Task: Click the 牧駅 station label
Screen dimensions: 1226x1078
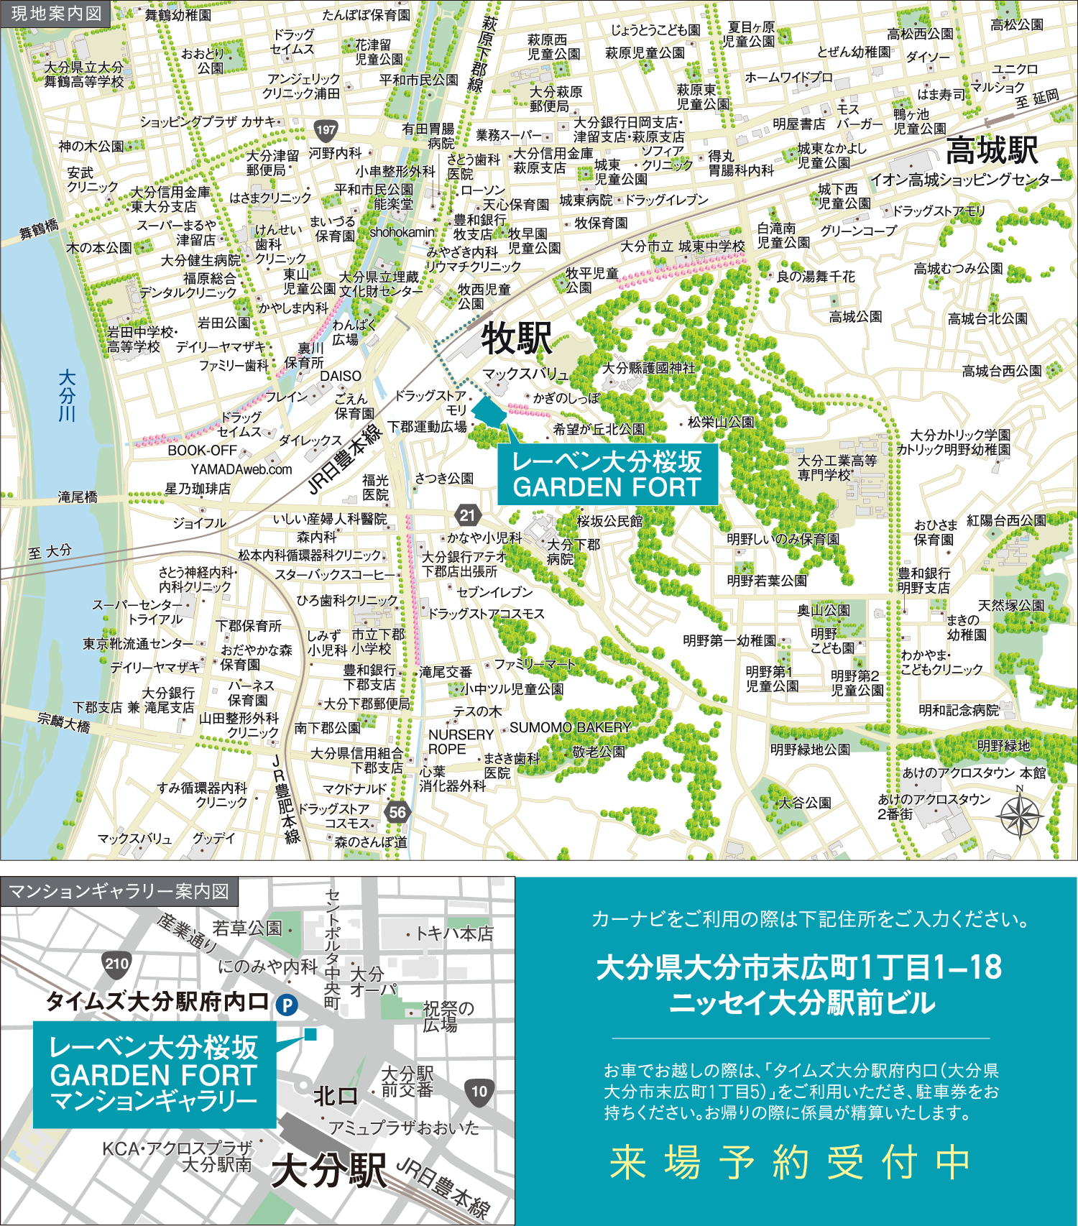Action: point(516,338)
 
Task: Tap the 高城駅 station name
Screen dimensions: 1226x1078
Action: point(992,151)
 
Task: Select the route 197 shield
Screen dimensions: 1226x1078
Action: point(326,130)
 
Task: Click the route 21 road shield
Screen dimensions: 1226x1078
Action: point(467,515)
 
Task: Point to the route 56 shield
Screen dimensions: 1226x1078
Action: point(397,813)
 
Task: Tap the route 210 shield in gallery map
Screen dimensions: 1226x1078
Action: point(116,964)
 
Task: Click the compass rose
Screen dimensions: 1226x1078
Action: point(1020,816)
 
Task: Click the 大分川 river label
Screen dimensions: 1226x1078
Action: point(67,395)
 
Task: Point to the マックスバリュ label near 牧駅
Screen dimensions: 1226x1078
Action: point(525,374)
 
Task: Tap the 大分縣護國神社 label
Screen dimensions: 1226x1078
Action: point(648,368)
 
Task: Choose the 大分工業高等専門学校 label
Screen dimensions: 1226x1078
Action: point(837,468)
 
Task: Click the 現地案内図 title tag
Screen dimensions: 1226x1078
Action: point(56,14)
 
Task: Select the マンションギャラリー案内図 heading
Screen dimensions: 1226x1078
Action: point(119,892)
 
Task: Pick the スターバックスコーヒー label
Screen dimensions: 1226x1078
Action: point(335,575)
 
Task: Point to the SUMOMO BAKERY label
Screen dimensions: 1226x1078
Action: point(570,727)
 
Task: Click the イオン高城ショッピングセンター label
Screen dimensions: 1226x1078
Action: point(966,180)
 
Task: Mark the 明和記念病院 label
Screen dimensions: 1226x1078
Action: point(959,710)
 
